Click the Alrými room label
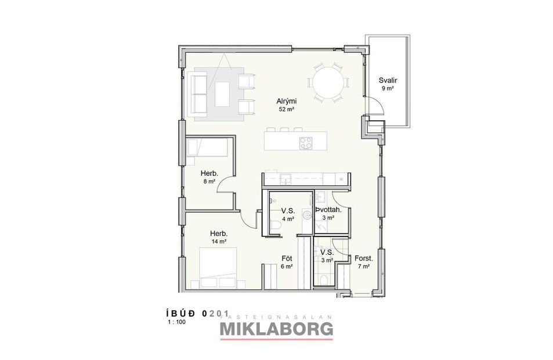tap(284, 100)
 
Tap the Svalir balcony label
tap(386, 81)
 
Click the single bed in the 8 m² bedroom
tap(208, 147)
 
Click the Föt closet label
tap(286, 258)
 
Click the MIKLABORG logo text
tap(276, 329)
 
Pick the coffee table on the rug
tap(224, 93)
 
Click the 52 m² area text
tap(284, 109)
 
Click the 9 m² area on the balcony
tap(386, 89)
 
